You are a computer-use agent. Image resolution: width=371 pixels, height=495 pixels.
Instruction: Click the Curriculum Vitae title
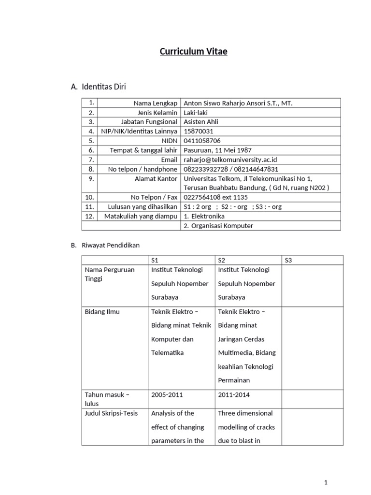pos(194,52)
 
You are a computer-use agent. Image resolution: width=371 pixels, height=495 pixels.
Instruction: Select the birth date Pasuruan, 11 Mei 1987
pos(218,150)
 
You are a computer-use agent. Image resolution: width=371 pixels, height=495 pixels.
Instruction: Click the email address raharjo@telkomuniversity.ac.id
pos(231,160)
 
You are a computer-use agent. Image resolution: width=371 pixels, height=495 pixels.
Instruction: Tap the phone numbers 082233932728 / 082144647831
pos(231,169)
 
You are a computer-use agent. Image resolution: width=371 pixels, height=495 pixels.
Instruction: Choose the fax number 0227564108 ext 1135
pos(216,197)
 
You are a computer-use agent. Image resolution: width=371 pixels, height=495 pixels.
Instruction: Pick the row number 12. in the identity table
pos(90,216)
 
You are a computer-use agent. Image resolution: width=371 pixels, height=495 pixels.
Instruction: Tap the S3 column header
pos(289,260)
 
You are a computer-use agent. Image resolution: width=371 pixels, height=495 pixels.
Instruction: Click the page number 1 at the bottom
pos(326,482)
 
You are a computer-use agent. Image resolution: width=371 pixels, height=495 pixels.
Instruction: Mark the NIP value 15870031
pos(199,131)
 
